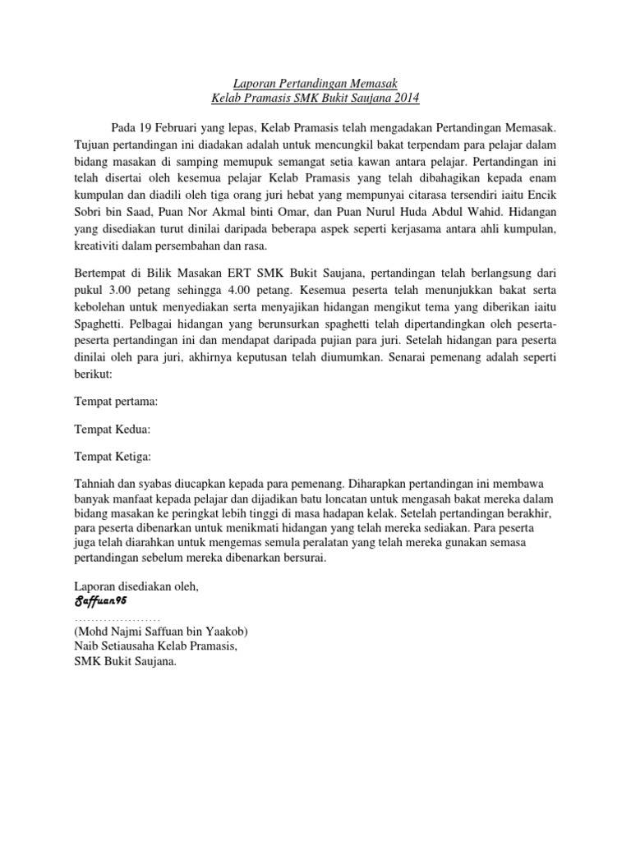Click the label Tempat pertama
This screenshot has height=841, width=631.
click(x=116, y=402)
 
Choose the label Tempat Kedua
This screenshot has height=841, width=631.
click(x=113, y=429)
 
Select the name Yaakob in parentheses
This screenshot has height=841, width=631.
click(x=223, y=632)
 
